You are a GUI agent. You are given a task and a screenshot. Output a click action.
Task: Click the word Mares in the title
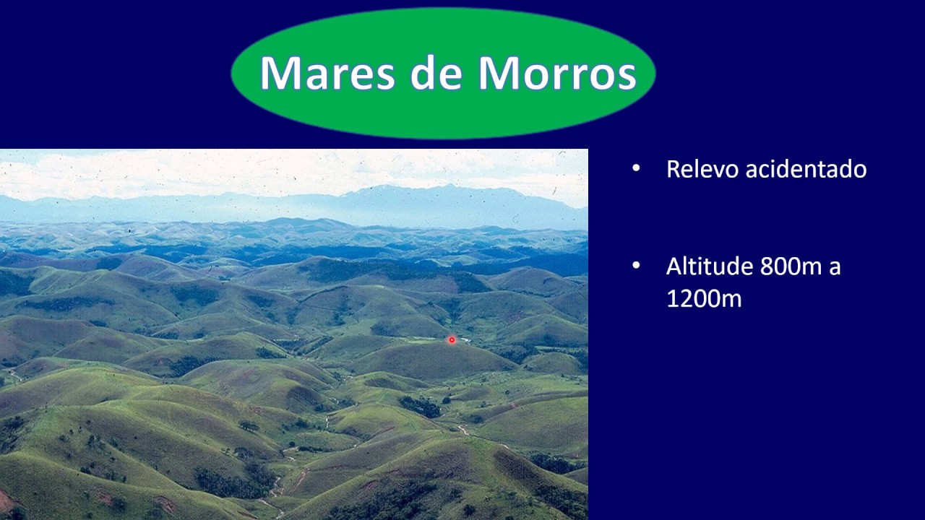point(328,73)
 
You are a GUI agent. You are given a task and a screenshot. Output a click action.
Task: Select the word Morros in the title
point(557,73)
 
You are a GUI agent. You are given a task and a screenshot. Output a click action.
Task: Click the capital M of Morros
point(499,72)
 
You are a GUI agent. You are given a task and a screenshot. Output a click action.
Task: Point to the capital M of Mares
point(281,72)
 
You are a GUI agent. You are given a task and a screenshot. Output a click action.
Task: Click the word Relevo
point(702,169)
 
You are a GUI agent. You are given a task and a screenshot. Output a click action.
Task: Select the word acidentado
point(806,169)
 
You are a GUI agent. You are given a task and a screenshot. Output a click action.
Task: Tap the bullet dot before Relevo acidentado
point(636,168)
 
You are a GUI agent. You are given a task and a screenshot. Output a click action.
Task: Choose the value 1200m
point(704,298)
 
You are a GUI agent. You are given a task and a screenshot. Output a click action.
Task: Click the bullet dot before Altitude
point(636,265)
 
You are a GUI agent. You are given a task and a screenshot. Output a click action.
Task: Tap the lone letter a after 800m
point(835,269)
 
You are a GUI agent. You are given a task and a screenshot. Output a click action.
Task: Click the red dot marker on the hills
point(452,339)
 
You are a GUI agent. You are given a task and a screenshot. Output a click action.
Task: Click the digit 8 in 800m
point(767,266)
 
